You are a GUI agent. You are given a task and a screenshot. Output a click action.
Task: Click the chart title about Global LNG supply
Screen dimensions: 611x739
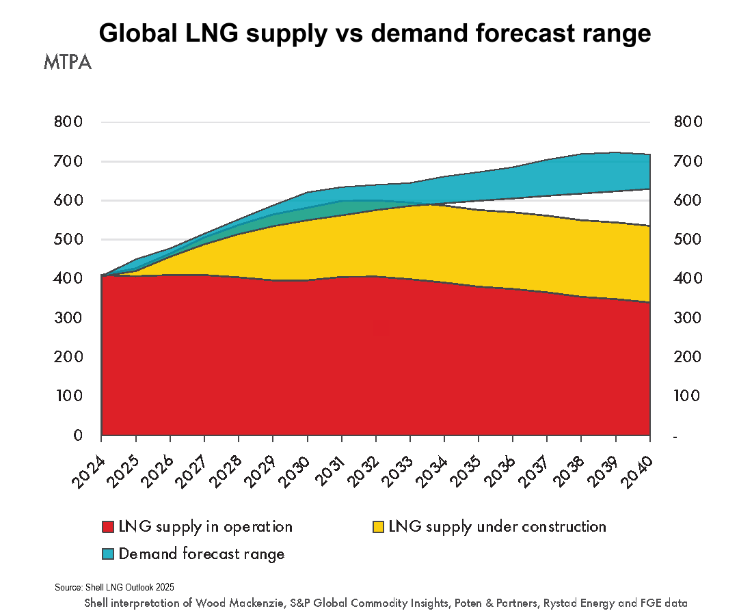[375, 33]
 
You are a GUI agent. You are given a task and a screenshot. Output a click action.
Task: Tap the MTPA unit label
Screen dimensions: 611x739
[67, 62]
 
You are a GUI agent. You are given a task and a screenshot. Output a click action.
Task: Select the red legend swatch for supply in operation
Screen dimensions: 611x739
[107, 527]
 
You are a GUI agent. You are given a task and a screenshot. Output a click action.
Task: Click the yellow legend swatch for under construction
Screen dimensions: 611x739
[377, 527]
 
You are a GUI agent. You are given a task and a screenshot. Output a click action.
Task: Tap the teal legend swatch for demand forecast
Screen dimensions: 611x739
[107, 554]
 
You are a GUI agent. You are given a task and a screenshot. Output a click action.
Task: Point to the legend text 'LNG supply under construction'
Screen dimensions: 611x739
[497, 527]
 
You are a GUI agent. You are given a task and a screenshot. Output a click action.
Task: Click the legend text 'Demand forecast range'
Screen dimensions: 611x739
[202, 554]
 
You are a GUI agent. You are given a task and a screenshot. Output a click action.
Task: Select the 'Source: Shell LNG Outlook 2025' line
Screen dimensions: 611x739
[115, 587]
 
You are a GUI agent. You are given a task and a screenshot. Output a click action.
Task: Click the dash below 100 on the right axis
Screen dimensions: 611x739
[675, 436]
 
